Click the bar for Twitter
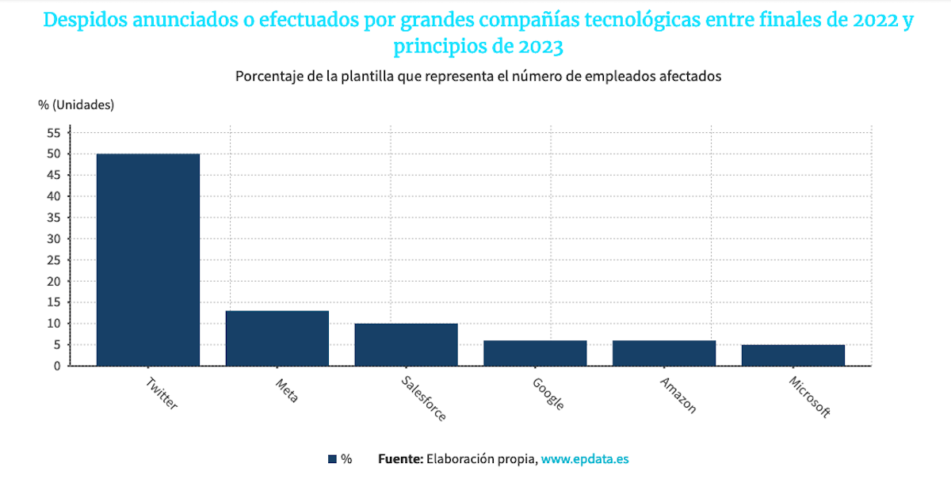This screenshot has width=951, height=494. click(x=147, y=260)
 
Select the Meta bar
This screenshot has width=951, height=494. click(x=277, y=338)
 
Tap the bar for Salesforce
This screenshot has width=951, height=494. click(x=406, y=344)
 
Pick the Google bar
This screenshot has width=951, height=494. click(x=535, y=353)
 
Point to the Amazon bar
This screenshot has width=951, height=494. click(x=664, y=353)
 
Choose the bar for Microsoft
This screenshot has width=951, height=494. click(x=792, y=355)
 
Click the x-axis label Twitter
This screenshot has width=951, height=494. click(x=162, y=393)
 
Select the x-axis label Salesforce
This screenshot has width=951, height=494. click(x=423, y=398)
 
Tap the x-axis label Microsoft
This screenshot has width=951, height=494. click(x=809, y=397)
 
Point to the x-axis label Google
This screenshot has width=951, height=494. click(x=548, y=393)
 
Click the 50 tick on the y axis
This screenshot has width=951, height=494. click(x=54, y=154)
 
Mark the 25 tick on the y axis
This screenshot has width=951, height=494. click(x=54, y=260)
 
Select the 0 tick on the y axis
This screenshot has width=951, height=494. click(x=57, y=366)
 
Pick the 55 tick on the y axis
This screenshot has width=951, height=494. click(x=54, y=132)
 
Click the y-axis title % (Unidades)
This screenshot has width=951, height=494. click(x=76, y=104)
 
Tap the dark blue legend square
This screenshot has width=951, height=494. click(x=332, y=459)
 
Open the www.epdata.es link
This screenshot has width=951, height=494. click(x=585, y=459)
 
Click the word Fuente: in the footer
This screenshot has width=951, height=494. click(x=400, y=459)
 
